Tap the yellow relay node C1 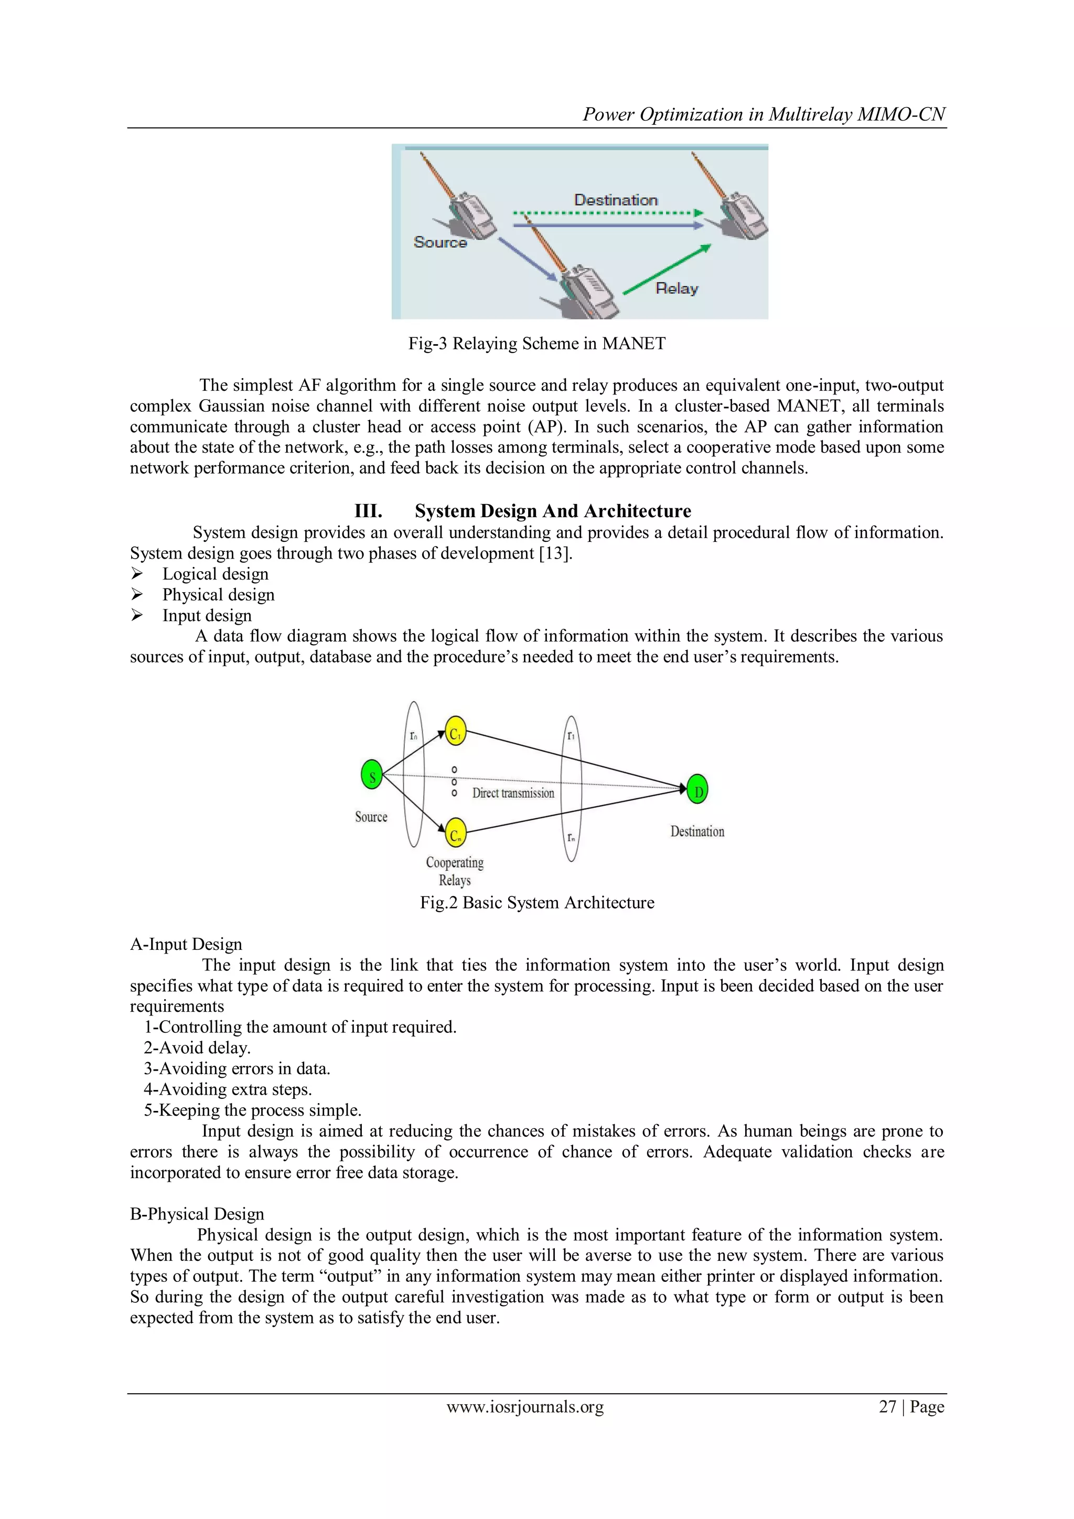click(x=455, y=732)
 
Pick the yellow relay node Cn click(x=456, y=833)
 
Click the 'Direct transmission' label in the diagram click(x=513, y=793)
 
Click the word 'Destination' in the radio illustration click(x=616, y=200)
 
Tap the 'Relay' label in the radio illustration click(x=676, y=288)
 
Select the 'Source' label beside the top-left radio click(x=440, y=242)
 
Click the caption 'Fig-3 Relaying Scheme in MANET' click(x=536, y=344)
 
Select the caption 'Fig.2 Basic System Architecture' click(x=537, y=902)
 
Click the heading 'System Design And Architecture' click(x=553, y=511)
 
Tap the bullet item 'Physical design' click(x=218, y=595)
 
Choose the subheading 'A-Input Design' click(x=186, y=944)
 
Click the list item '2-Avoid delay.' click(x=197, y=1048)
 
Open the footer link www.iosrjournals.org click(x=525, y=1407)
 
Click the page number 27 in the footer click(x=887, y=1407)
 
